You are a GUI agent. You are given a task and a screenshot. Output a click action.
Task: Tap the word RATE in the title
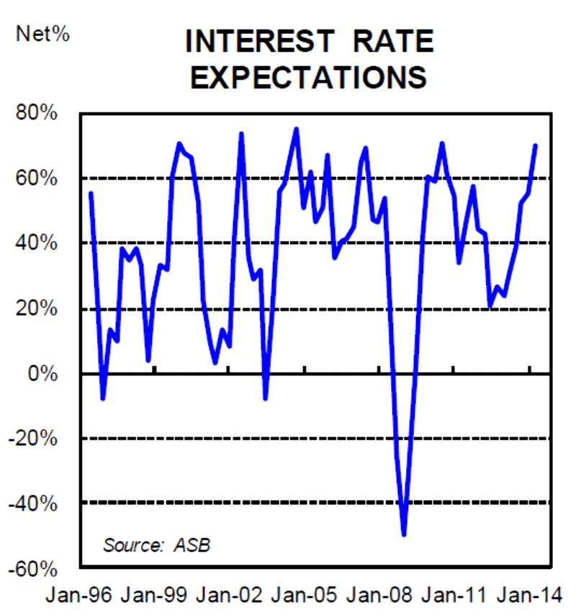[x=393, y=42]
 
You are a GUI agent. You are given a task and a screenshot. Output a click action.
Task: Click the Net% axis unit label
[x=42, y=33]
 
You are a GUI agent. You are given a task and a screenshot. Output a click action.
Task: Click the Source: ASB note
[x=157, y=544]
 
